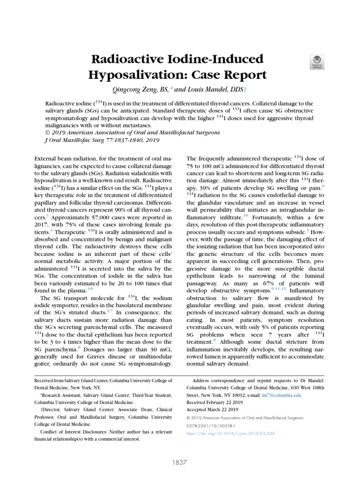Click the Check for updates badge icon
(x=317, y=61)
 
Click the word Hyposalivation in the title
(x=128, y=75)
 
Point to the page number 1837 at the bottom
(x=180, y=463)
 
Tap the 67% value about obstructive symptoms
(x=263, y=284)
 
